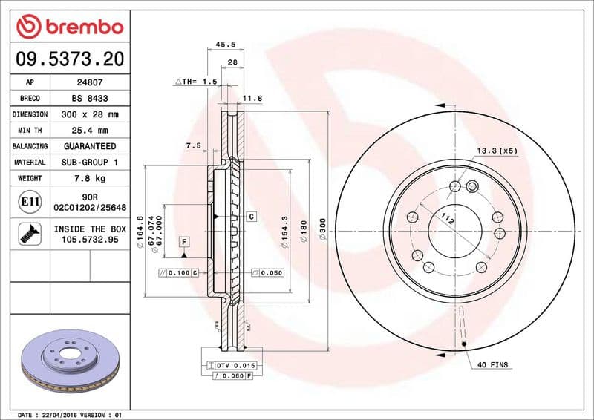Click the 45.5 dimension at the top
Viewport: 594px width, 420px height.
pos(221,44)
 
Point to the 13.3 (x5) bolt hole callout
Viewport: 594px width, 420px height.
pos(497,151)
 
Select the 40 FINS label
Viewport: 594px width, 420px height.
pos(492,364)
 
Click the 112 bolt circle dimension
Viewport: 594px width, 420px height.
pos(447,219)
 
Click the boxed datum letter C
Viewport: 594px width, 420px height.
pos(251,217)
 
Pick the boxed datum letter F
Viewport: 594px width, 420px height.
pos(183,242)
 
